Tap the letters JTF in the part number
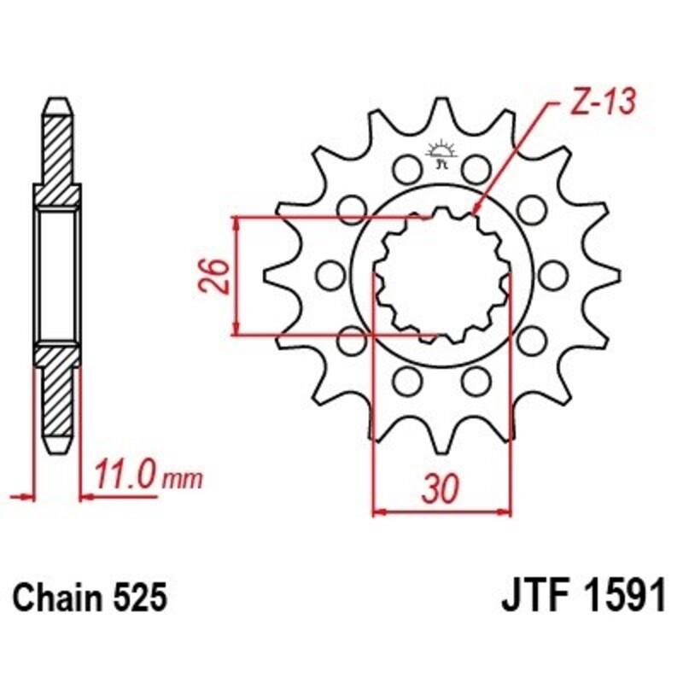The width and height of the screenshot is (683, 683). [x=531, y=596]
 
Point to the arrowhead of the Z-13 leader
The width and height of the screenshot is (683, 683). [x=476, y=208]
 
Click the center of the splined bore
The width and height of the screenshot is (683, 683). [x=441, y=275]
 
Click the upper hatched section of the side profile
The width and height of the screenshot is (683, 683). [x=57, y=154]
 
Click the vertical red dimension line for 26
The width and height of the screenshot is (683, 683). [x=236, y=275]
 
